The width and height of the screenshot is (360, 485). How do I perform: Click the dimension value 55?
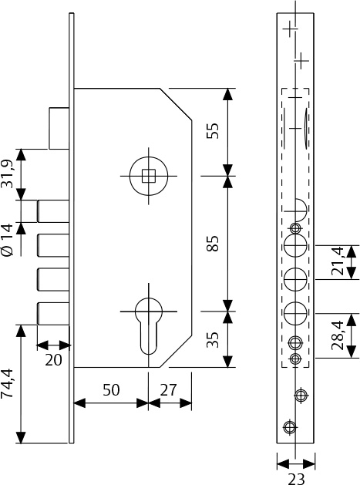tap(214, 131)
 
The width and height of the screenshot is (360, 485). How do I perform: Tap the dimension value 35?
tap(214, 339)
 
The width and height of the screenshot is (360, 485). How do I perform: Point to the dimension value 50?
tap(111, 390)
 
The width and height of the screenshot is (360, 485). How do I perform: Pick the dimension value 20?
tap(53, 360)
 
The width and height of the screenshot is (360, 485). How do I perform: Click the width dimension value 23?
tap(296, 478)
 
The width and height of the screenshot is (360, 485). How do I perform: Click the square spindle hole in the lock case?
tap(150, 175)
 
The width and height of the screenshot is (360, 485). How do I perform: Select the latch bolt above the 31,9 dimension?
tap(57, 129)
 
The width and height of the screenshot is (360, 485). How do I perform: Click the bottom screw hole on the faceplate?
tap(289, 427)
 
